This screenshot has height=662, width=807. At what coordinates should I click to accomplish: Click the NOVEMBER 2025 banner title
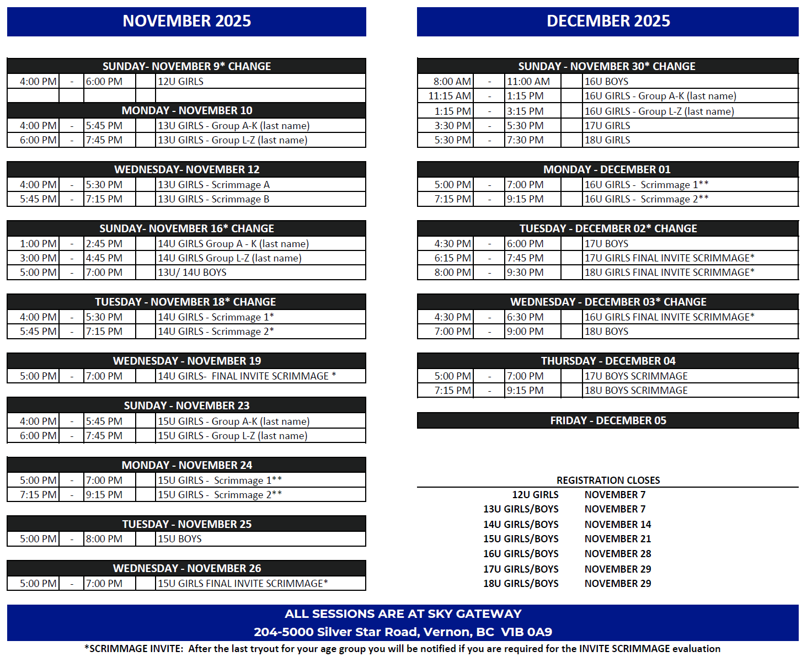point(186,21)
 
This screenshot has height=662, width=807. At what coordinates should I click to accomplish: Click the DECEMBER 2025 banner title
point(608,21)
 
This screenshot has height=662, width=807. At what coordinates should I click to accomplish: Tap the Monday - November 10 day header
point(186,110)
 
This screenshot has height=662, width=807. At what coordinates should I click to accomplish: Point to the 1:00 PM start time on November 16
point(38,244)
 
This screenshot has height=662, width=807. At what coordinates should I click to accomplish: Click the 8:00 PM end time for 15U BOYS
point(104,539)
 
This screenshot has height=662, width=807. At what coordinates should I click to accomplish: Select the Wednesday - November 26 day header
point(186,568)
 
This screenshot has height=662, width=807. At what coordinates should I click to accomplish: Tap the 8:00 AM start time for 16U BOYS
point(452,82)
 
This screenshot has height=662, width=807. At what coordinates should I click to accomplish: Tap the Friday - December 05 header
point(608,420)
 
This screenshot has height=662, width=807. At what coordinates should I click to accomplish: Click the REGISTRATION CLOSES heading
point(608,481)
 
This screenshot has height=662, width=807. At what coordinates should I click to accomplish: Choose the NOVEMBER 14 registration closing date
point(618,524)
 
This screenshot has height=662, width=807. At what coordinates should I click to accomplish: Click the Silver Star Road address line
point(403,632)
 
